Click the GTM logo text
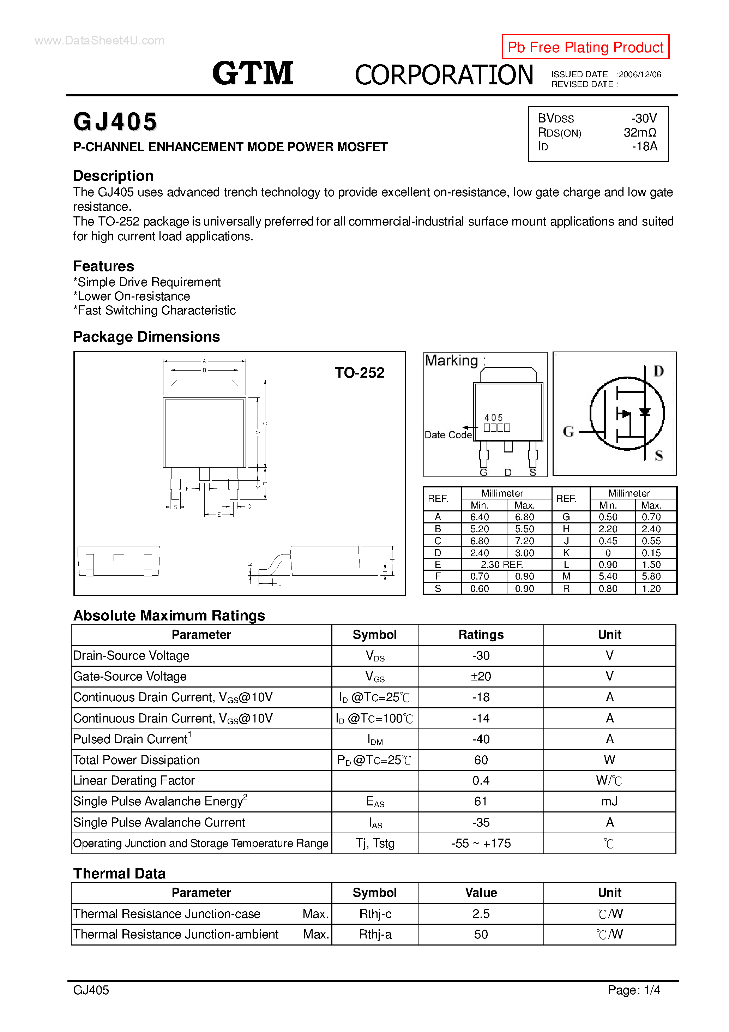pyautogui.click(x=253, y=73)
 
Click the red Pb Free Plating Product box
pyautogui.click(x=585, y=47)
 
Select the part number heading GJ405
pyautogui.click(x=115, y=122)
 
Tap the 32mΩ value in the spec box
pyautogui.click(x=640, y=133)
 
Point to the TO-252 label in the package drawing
pyautogui.click(x=359, y=373)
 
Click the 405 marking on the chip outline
pyautogui.click(x=494, y=418)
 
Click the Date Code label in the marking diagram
pyautogui.click(x=448, y=434)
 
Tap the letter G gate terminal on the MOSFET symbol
pyautogui.click(x=568, y=432)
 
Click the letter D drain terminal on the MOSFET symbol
pyautogui.click(x=658, y=371)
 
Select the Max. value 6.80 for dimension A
pyautogui.click(x=524, y=517)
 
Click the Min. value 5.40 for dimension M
pyautogui.click(x=608, y=576)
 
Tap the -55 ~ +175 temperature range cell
pyautogui.click(x=481, y=843)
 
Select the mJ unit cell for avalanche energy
pyautogui.click(x=609, y=802)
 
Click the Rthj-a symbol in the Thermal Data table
pyautogui.click(x=375, y=935)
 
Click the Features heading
pyautogui.click(x=104, y=266)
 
